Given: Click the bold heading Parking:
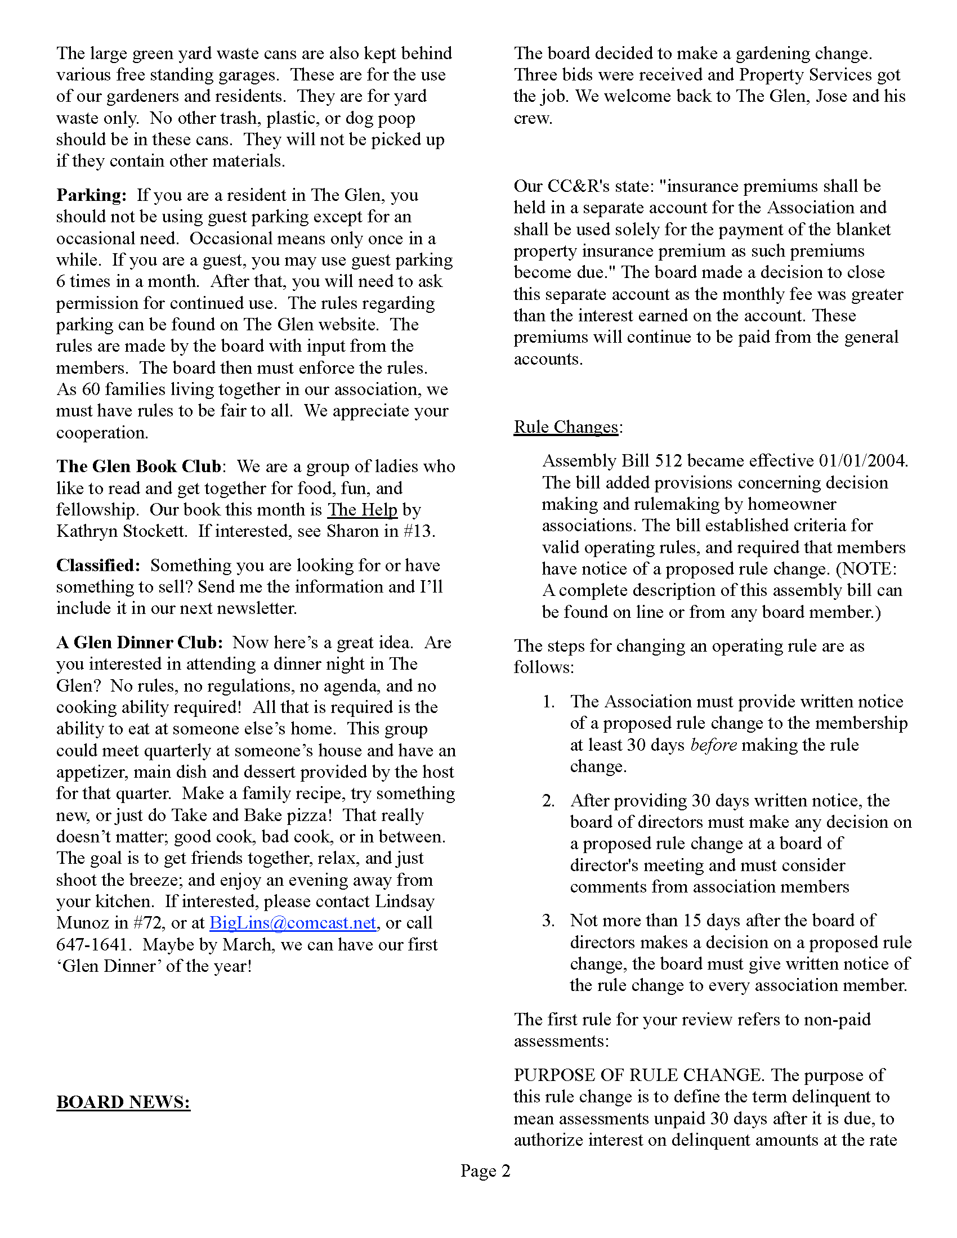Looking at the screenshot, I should (x=91, y=196).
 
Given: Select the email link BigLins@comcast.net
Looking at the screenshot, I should (x=293, y=923).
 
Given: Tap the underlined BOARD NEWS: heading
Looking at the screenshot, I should (x=123, y=1102).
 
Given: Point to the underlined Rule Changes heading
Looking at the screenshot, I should (x=565, y=427).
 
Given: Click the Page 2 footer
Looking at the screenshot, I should (x=485, y=1170).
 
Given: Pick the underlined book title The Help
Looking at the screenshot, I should (x=363, y=510).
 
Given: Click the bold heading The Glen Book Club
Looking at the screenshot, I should (x=139, y=467).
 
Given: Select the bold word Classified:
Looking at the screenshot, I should (x=98, y=566).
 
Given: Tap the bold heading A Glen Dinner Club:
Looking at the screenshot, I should (x=140, y=643).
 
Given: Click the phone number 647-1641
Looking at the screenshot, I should (x=92, y=945).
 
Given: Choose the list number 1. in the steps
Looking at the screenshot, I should (x=548, y=702).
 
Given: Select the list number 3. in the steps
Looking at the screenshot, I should (x=548, y=921).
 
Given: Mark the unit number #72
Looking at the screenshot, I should (x=149, y=923).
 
